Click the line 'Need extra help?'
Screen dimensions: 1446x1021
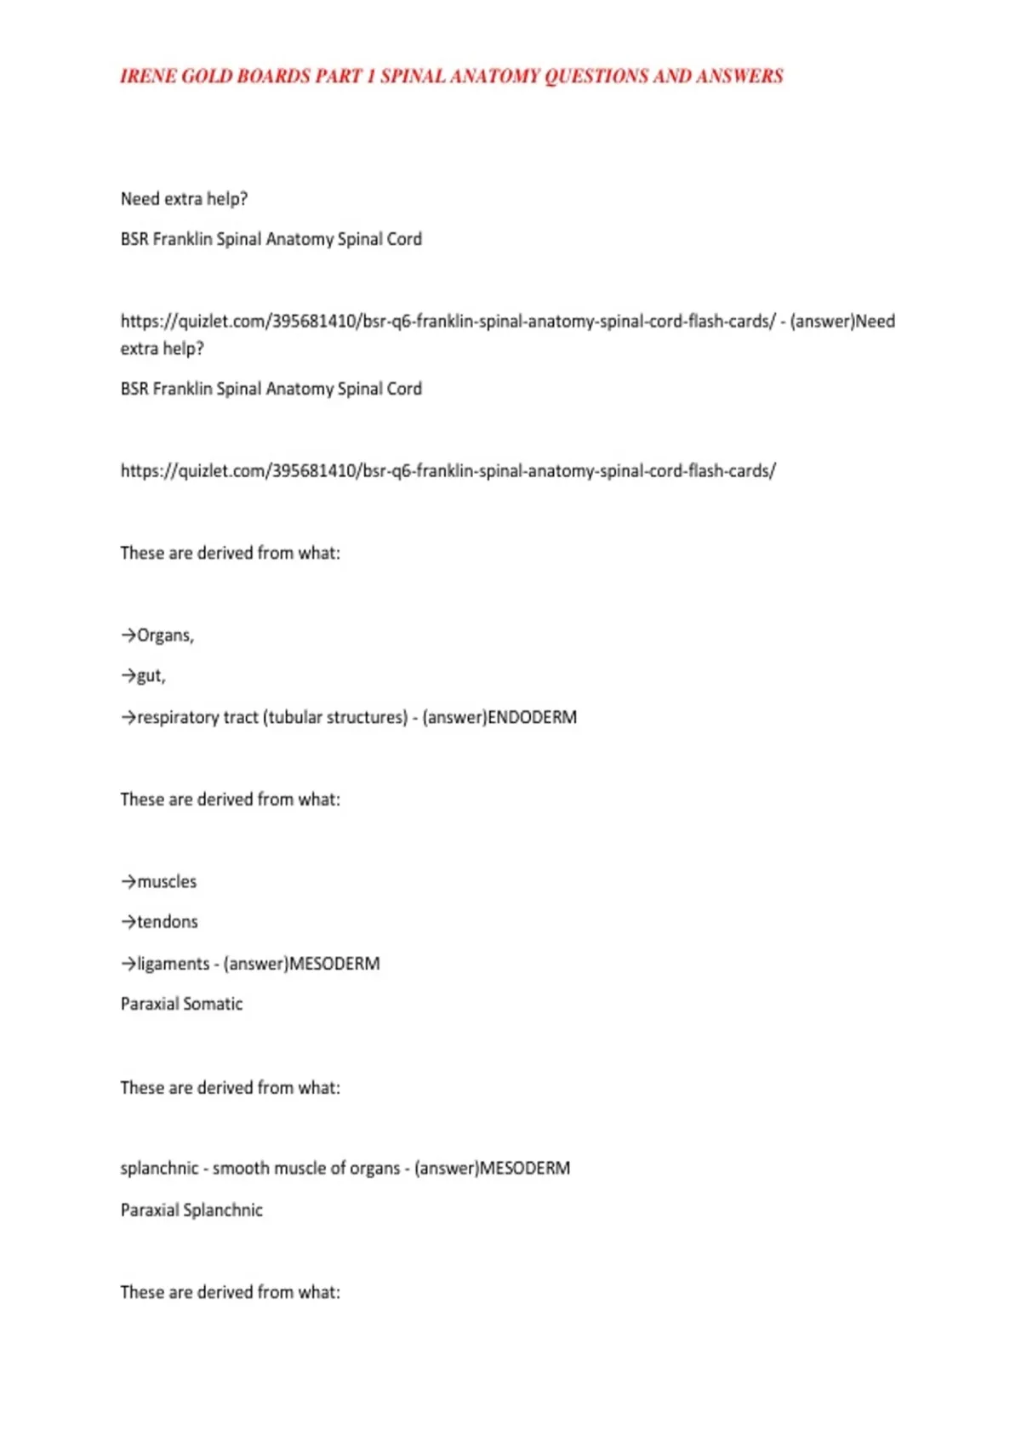(x=184, y=199)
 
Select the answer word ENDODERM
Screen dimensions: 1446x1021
(x=532, y=717)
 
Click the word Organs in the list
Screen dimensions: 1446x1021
(x=164, y=635)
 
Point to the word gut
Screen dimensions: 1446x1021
(x=151, y=676)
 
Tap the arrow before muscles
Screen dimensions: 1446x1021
(x=128, y=882)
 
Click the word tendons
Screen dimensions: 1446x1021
(x=168, y=922)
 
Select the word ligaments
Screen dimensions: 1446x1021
(x=173, y=964)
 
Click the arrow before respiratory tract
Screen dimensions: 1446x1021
(x=128, y=717)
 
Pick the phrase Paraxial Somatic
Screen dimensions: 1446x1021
(x=181, y=1004)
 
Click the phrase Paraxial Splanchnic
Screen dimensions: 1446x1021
(x=191, y=1210)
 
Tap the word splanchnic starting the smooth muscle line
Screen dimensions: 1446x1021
(x=159, y=1169)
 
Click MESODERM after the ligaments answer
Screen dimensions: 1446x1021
(x=334, y=964)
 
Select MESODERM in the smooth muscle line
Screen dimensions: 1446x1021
(x=525, y=1169)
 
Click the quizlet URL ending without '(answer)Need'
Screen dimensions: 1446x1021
(x=448, y=471)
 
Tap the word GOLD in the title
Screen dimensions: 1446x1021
(x=207, y=77)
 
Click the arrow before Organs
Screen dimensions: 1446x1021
(x=128, y=635)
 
